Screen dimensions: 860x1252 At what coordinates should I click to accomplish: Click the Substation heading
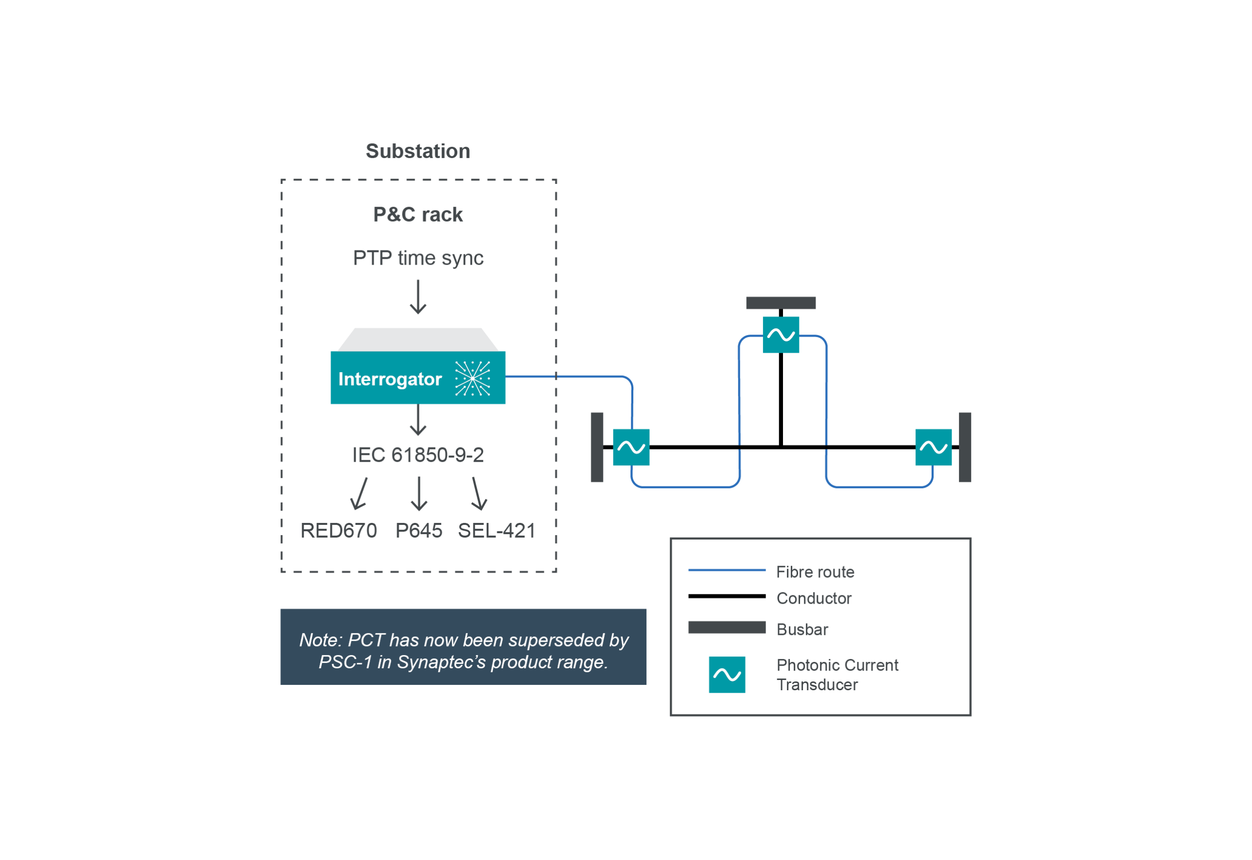click(418, 152)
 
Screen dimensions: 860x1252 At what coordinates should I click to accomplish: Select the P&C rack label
click(418, 214)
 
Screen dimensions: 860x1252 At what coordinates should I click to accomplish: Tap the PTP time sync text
click(418, 258)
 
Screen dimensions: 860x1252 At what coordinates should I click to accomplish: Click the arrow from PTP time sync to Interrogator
click(418, 297)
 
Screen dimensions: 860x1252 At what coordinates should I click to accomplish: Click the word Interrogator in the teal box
click(390, 379)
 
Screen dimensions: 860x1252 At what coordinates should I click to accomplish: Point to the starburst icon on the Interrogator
click(472, 378)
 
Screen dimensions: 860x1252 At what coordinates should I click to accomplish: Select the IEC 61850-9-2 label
click(418, 455)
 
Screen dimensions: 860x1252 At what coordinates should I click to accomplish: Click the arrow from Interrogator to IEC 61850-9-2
click(418, 420)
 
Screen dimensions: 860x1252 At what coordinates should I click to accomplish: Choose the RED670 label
click(339, 531)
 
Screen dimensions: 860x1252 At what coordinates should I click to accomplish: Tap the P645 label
click(419, 531)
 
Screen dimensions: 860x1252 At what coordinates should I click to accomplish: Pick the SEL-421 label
click(496, 531)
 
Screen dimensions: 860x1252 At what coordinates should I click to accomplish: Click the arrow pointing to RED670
click(359, 494)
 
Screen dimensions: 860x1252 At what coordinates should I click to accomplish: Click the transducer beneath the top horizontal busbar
click(781, 335)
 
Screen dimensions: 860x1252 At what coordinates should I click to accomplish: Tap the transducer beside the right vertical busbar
click(933, 447)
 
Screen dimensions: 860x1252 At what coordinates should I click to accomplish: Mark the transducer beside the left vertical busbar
click(631, 447)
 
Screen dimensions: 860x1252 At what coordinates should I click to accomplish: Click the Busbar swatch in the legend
click(727, 627)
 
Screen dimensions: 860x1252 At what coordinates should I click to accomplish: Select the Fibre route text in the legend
click(815, 572)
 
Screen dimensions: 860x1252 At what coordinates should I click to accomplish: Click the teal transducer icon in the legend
click(727, 675)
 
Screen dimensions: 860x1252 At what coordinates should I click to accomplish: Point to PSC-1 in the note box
click(345, 662)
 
